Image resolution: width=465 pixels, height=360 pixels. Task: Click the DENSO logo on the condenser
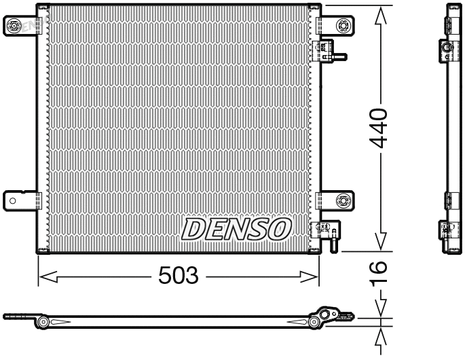236,229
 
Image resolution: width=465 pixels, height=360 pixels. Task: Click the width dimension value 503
178,276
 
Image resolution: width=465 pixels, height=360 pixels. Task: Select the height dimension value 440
379,128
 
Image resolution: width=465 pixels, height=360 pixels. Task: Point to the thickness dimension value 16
379,273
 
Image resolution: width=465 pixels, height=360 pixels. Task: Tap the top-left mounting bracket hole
14,26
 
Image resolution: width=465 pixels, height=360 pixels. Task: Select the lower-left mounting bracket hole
12,200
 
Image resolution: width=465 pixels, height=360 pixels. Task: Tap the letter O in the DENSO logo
280,229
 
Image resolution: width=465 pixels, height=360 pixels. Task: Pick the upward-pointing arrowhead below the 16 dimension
382,337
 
